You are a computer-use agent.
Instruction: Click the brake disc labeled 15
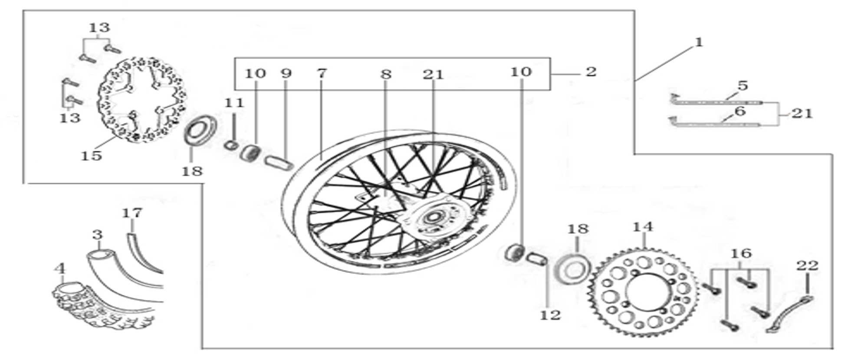tap(142, 99)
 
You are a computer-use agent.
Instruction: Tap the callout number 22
tap(807, 265)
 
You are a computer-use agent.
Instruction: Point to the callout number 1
tap(699, 42)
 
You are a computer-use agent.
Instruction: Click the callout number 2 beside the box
tap(591, 72)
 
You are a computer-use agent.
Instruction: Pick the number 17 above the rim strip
tap(131, 213)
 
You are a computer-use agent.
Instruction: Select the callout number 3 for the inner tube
tap(98, 235)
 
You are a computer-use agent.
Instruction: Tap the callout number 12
tap(550, 315)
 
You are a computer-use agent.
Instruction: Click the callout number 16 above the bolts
tap(741, 253)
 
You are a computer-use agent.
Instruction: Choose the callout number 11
tap(234, 103)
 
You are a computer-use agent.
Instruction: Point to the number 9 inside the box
tap(286, 73)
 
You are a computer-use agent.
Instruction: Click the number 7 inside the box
tap(321, 73)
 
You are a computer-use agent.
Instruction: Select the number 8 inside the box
tap(386, 74)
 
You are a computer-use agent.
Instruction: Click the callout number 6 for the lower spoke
tap(740, 111)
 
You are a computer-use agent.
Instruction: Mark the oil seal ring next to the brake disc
tap(201, 130)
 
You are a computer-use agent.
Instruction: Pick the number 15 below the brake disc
tap(92, 156)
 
